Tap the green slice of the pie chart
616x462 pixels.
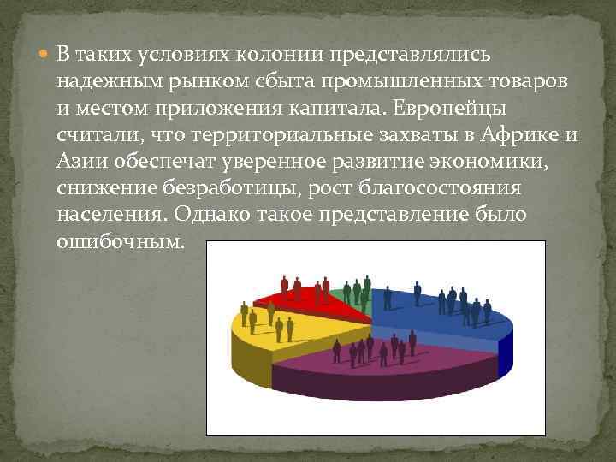[x=352, y=295]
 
